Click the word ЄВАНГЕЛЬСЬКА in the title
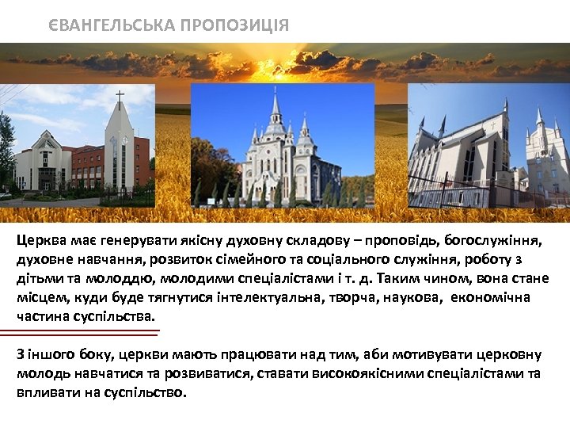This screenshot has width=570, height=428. (112, 25)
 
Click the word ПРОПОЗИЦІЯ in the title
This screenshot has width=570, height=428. (234, 25)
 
